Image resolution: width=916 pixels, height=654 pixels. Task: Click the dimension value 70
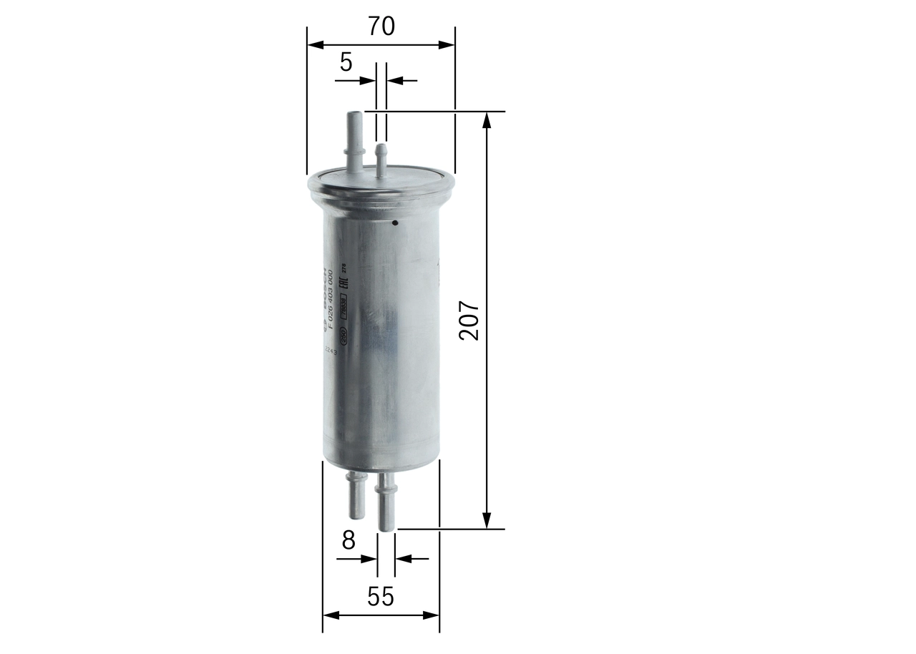click(381, 26)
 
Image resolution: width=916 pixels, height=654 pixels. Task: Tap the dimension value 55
click(380, 596)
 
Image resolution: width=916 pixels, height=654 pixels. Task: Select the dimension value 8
click(349, 540)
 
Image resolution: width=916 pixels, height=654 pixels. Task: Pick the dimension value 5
click(346, 63)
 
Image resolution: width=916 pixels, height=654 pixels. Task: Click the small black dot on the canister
click(394, 223)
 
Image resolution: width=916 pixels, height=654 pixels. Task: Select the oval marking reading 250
click(343, 334)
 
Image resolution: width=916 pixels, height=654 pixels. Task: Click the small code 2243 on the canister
click(330, 351)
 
